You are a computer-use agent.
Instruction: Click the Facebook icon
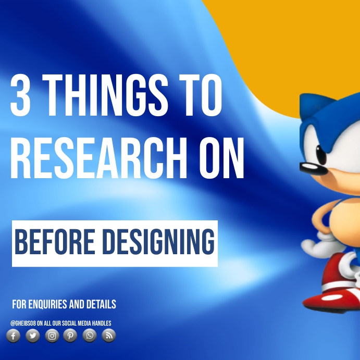(13, 336)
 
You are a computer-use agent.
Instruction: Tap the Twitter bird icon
(32, 336)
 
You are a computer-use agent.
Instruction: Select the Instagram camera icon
(52, 336)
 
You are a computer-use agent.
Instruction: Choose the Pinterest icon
(70, 336)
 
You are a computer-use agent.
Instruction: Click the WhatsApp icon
(90, 336)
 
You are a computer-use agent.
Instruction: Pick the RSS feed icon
(108, 336)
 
